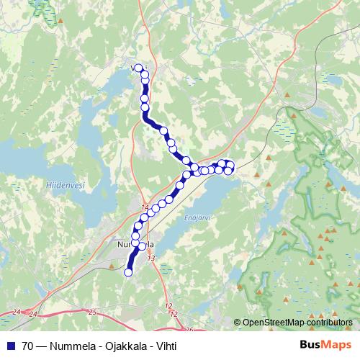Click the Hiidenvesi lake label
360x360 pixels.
click(x=65, y=185)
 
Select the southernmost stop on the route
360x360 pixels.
click(x=129, y=272)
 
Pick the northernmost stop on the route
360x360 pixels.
click(x=138, y=68)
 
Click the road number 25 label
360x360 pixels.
click(x=92, y=312)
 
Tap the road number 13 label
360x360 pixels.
click(x=151, y=258)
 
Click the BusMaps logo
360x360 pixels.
click(x=324, y=346)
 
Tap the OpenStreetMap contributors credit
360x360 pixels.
click(x=298, y=323)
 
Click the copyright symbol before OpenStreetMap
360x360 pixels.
click(x=238, y=323)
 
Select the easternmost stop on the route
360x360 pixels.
click(x=230, y=166)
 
